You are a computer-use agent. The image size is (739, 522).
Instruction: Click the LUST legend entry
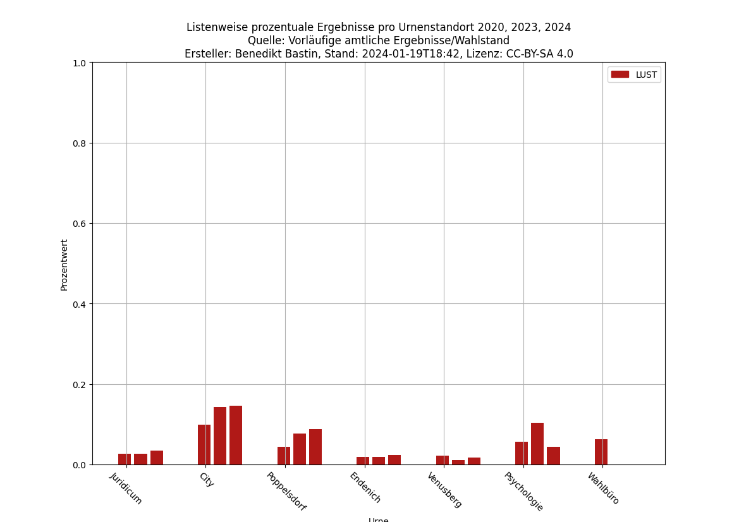click(634, 75)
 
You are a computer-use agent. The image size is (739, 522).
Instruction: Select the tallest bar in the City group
click(236, 435)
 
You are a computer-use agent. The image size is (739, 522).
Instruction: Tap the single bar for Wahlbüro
click(601, 452)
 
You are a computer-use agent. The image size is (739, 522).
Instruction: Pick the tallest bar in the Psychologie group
click(537, 444)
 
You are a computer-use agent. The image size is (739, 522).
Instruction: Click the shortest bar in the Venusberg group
click(458, 462)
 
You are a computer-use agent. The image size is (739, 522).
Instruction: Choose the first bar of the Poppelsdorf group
click(283, 456)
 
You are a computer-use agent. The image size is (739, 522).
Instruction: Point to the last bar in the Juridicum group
click(157, 458)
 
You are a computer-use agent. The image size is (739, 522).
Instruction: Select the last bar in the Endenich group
click(394, 459)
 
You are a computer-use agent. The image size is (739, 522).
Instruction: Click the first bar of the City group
click(204, 444)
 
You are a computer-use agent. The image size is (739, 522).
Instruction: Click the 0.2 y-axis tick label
click(79, 385)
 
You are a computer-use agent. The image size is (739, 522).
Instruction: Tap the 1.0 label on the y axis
click(79, 63)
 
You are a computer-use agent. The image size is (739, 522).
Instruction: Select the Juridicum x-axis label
click(126, 488)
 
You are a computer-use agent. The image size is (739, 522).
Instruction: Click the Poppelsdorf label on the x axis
click(286, 492)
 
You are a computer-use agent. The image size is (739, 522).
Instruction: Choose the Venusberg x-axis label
click(444, 490)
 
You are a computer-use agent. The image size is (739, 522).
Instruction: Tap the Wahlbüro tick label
click(603, 489)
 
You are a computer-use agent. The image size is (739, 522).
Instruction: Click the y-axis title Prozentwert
click(64, 264)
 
